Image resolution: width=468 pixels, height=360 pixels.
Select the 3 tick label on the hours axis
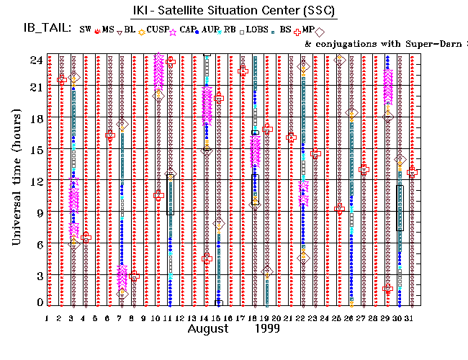click(37, 276)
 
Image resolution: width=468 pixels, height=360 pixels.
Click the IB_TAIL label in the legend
click(45, 29)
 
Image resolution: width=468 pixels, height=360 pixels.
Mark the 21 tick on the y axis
click(35, 87)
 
